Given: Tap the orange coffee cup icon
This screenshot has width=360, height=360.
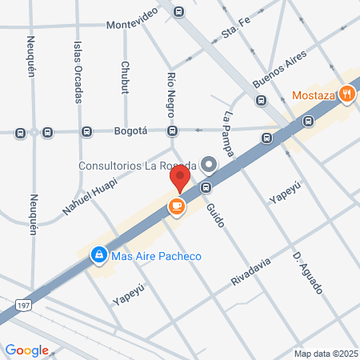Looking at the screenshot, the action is click(x=176, y=207).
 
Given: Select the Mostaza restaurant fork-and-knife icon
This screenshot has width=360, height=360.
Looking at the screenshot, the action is click(x=346, y=94).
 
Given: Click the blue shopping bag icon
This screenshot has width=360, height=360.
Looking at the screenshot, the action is click(x=98, y=254).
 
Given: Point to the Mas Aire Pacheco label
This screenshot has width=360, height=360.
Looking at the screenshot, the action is click(x=156, y=256).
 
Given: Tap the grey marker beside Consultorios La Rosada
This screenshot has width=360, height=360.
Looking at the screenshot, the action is click(x=210, y=165).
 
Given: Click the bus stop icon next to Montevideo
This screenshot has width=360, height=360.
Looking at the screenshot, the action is click(x=178, y=12).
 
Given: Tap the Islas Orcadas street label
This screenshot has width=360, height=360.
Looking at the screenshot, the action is click(x=78, y=72).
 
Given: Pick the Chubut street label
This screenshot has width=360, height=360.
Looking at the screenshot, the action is click(x=125, y=77).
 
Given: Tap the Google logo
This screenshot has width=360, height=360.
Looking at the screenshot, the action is click(x=26, y=350).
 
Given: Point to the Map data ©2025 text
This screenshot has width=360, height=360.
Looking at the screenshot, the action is click(x=325, y=353).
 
